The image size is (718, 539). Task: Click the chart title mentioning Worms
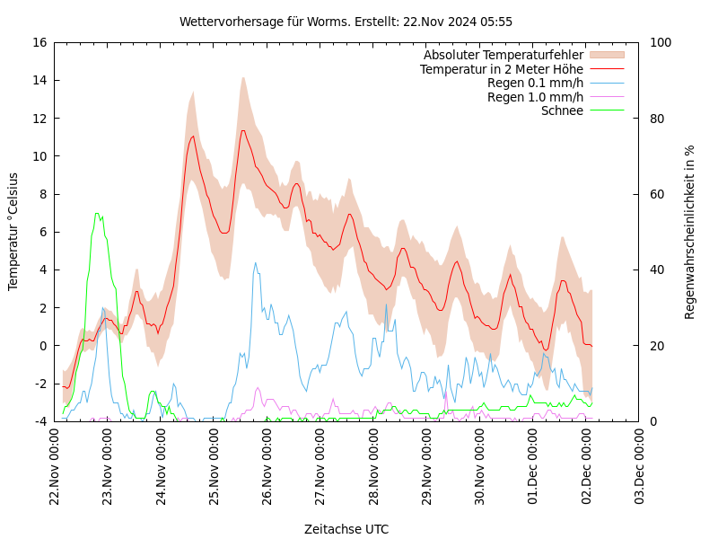[346, 22]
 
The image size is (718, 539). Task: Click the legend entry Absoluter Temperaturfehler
[503, 55]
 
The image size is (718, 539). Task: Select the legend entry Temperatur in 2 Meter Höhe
[501, 69]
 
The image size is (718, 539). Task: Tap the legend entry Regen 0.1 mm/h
[535, 83]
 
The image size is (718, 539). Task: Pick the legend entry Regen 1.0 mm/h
[535, 97]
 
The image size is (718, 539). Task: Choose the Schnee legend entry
[562, 110]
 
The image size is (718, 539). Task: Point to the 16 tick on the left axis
[39, 42]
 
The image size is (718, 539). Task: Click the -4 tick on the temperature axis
[40, 421]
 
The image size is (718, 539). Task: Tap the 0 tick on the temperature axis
[42, 346]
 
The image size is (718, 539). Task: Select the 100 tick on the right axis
[659, 42]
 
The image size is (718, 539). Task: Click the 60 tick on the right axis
[656, 194]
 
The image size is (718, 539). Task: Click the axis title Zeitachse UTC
[346, 529]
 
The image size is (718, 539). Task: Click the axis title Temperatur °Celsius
[13, 232]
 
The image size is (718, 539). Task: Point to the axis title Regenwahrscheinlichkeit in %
[690, 232]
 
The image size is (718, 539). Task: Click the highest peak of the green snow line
[97, 214]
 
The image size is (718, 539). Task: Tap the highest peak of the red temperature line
[242, 131]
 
